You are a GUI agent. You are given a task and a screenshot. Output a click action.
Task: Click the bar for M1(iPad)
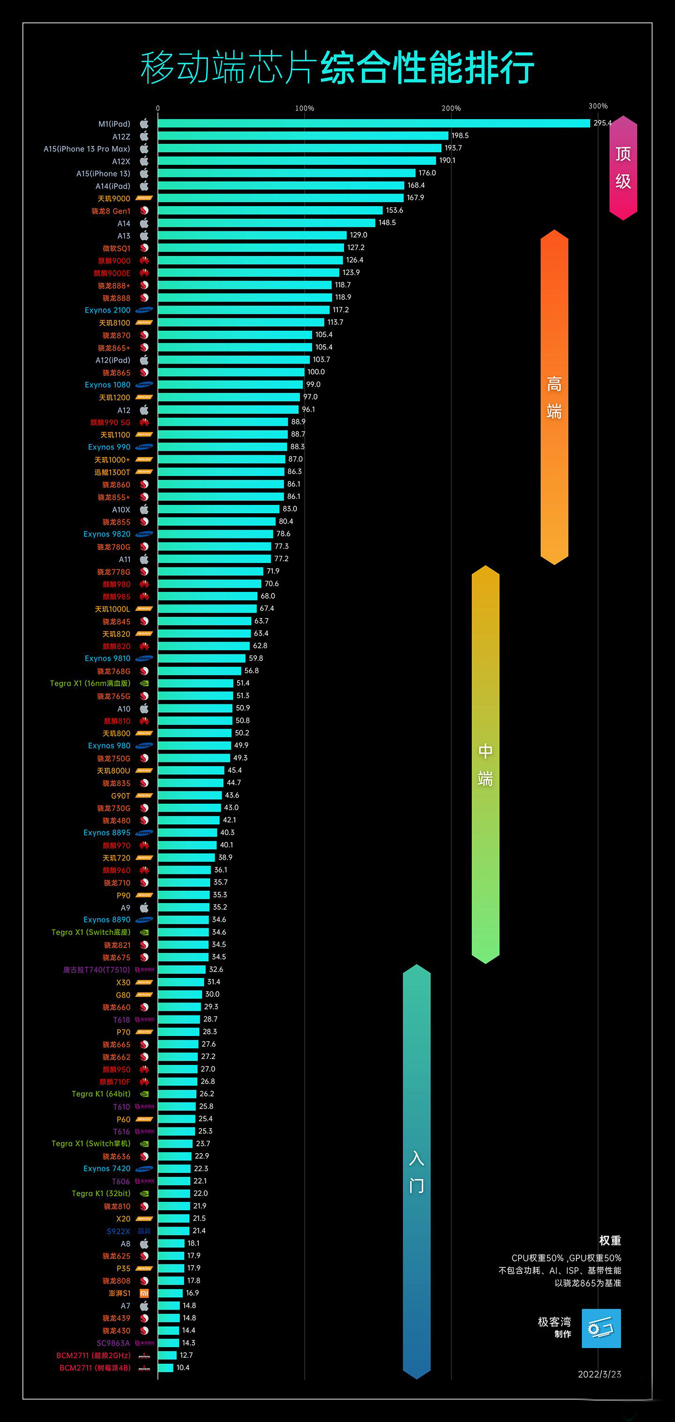tap(374, 123)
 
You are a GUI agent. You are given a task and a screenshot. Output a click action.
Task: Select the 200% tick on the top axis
tap(451, 108)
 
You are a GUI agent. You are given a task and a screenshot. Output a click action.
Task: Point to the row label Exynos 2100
tap(107, 310)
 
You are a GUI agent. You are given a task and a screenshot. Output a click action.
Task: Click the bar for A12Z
tap(303, 136)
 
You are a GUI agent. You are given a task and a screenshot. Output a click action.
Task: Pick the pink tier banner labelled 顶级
tap(623, 168)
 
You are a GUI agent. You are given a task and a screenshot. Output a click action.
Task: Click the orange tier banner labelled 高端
tap(554, 398)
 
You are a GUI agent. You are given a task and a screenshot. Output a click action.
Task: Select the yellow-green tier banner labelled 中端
tap(485, 764)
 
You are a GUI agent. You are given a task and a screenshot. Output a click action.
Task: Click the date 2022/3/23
tap(600, 1374)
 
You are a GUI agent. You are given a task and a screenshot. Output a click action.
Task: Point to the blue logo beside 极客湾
tap(601, 1328)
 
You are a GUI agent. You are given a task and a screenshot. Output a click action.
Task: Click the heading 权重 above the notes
tap(610, 1240)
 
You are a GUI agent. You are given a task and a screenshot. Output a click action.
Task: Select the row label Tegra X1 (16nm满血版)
tap(90, 683)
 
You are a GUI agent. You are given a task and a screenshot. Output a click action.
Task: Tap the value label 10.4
tap(183, 1367)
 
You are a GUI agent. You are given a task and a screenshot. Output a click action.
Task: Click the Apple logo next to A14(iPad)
tap(144, 186)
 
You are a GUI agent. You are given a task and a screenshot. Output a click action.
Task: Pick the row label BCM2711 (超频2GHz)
tap(93, 1355)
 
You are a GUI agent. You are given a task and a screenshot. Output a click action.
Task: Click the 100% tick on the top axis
tap(304, 108)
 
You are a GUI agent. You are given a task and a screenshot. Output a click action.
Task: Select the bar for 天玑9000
tap(281, 198)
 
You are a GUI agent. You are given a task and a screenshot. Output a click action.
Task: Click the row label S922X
tap(118, 1231)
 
